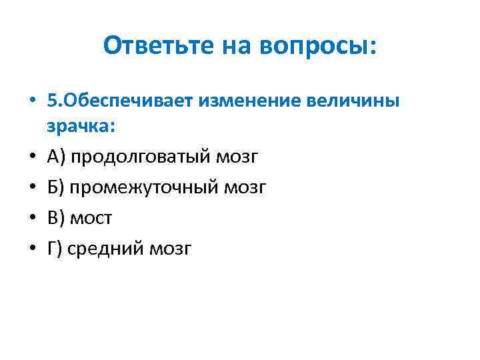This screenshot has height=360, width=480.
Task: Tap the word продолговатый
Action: coord(139,157)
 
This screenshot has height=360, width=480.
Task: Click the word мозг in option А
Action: coord(236,157)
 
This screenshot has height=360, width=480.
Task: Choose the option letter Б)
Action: coord(56,187)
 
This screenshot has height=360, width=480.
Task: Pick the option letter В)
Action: coord(56,218)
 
